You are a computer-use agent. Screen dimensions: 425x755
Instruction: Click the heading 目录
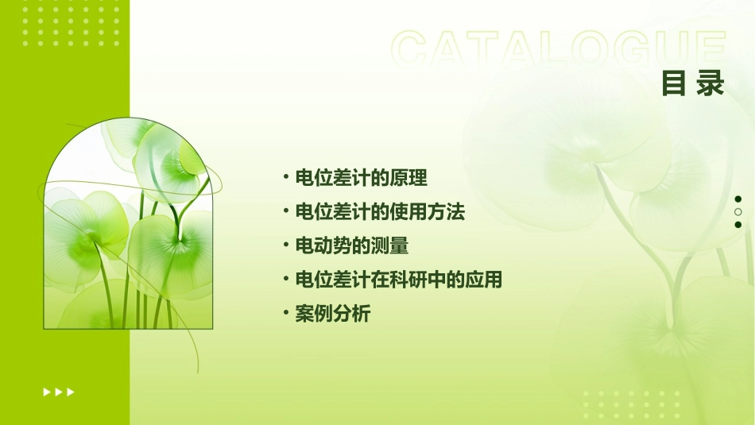693,83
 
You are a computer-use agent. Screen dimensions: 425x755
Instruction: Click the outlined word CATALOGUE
559,49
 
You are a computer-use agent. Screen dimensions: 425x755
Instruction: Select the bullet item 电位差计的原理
361,178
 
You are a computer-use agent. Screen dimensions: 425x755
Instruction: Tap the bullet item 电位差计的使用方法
380,212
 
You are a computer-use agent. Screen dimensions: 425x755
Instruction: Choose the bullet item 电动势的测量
351,246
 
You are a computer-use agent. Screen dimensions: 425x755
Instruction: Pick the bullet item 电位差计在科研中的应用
398,280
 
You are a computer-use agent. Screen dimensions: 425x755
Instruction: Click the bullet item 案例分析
332,314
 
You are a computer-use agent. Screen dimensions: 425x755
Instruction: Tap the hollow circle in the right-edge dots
738,212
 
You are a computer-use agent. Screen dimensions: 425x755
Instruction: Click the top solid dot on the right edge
738,199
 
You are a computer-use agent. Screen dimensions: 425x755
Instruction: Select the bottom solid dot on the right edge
738,225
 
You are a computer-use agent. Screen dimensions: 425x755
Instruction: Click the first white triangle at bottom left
47,392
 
